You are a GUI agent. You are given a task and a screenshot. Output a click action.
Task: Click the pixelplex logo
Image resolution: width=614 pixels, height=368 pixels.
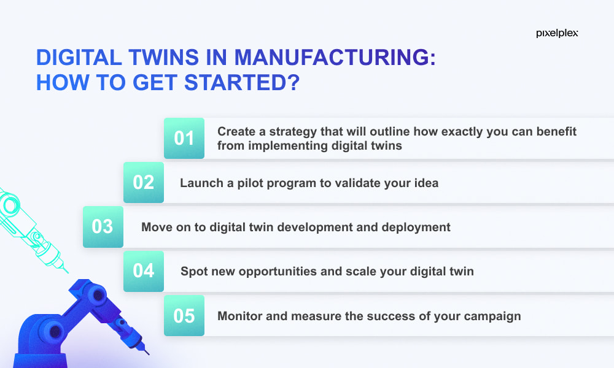coord(557,33)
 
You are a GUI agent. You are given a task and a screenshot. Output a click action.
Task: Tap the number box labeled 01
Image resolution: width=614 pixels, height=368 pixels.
coord(184,138)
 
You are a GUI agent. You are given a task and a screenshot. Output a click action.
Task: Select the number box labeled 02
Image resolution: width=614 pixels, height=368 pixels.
coord(144,182)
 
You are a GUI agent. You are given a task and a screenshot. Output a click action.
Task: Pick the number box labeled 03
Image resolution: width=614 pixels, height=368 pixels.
coord(103,227)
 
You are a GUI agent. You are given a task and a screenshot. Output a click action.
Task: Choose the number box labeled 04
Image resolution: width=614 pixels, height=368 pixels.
coord(144,271)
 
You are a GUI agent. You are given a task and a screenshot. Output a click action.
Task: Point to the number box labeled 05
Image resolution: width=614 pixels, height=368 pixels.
coord(184,316)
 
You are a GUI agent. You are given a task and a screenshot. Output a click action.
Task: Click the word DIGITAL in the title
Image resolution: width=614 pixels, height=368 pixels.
coord(79,57)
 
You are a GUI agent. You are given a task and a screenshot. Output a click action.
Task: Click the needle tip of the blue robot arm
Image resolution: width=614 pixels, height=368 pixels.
coord(149,355)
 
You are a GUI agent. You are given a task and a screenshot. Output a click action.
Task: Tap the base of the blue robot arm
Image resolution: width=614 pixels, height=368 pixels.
coord(39,360)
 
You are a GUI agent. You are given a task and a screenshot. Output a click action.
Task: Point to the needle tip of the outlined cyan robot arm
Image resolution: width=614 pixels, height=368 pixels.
coord(68,272)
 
